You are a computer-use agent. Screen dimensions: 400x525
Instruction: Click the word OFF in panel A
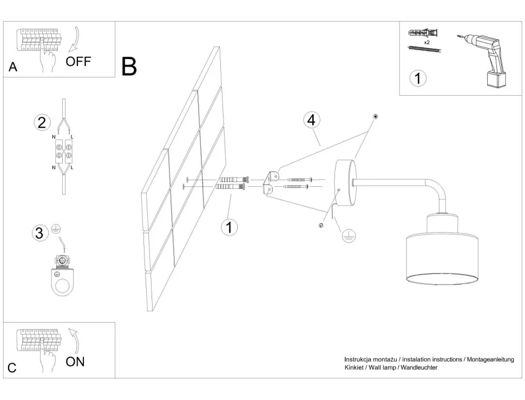click(78, 61)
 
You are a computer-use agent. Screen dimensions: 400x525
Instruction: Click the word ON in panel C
click(75, 362)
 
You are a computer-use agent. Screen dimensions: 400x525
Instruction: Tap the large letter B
click(129, 66)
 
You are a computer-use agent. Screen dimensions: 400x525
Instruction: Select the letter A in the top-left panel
click(14, 68)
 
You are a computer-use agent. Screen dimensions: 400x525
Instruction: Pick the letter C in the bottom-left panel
click(12, 368)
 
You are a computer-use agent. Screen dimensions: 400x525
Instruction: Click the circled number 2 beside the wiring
click(41, 122)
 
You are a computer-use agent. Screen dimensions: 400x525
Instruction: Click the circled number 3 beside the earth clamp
click(39, 233)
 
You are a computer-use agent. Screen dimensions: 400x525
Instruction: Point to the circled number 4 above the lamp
click(311, 120)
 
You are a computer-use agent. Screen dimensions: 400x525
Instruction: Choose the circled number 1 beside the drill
click(417, 78)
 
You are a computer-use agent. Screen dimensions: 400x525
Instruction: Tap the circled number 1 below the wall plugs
click(229, 227)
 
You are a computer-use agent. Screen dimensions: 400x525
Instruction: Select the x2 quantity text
click(426, 42)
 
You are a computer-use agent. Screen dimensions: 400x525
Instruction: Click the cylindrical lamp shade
click(442, 257)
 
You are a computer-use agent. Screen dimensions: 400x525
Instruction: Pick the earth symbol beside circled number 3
click(55, 229)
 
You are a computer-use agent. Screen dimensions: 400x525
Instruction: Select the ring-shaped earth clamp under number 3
click(64, 278)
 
